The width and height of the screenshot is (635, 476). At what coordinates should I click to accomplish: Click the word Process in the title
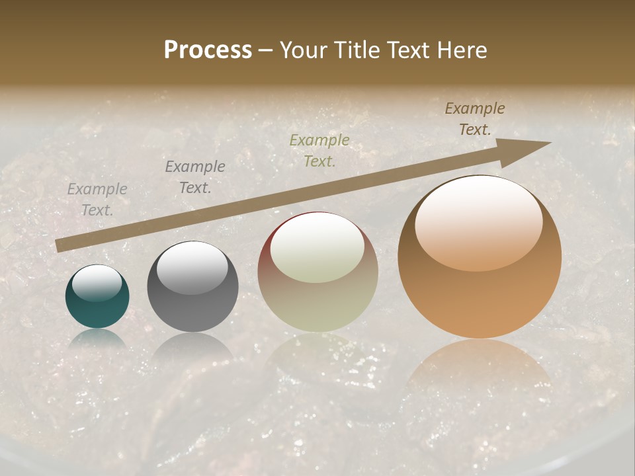coord(208,50)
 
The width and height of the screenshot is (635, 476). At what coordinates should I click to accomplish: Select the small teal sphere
coord(97,297)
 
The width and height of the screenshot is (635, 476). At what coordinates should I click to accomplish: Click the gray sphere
coord(192,287)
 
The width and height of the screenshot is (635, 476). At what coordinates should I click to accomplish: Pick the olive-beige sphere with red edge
coord(317,272)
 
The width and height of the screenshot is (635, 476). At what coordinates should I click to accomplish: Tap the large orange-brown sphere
coord(480,258)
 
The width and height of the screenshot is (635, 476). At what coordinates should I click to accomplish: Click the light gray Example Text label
coord(97,200)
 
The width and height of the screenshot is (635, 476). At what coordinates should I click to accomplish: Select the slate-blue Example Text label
coord(194,177)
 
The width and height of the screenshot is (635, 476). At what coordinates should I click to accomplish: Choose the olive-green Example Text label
coord(319,150)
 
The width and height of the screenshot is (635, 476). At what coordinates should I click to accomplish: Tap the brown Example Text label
coord(474,119)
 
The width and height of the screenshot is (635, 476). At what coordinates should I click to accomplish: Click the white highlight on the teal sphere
coord(97,283)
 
